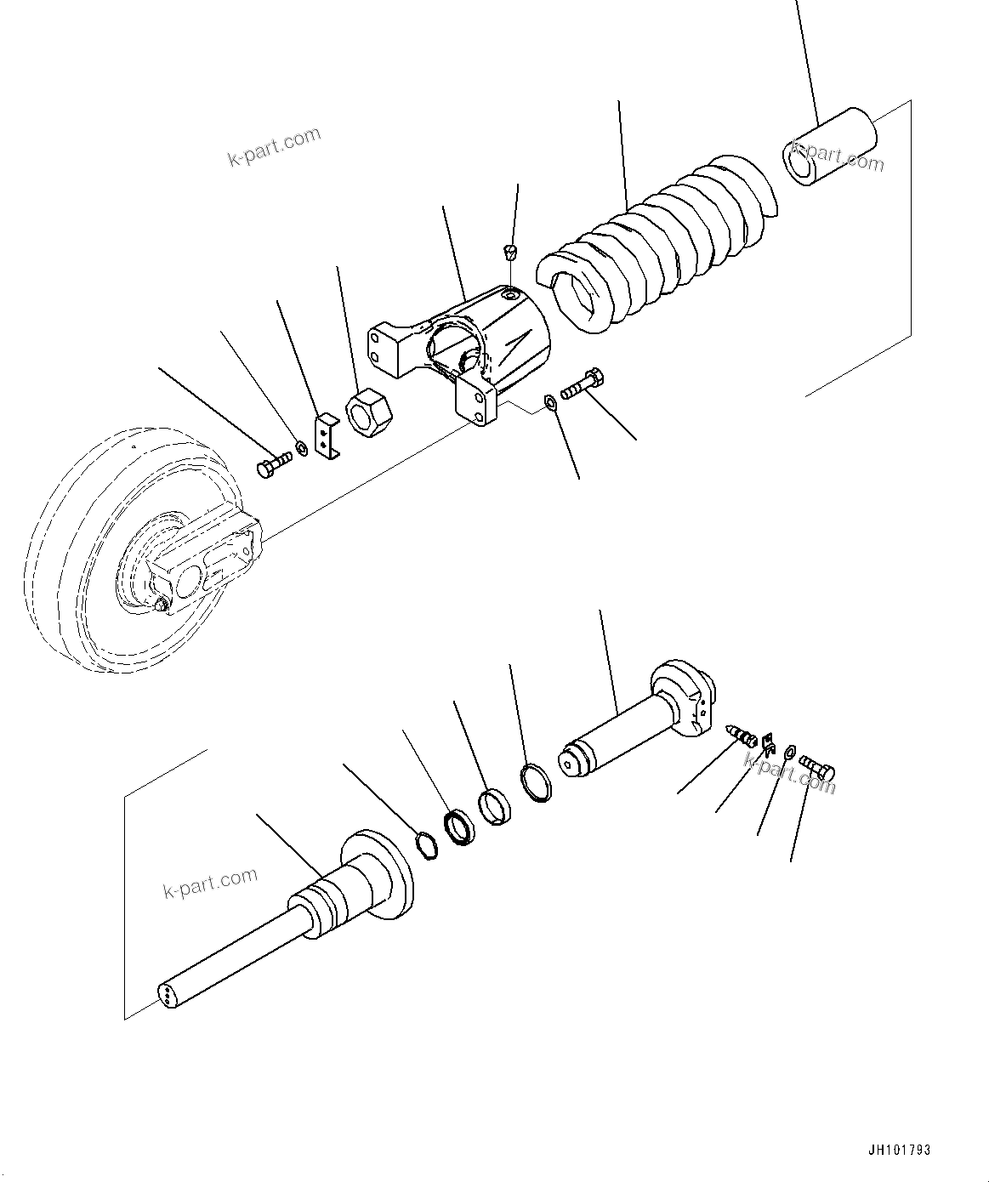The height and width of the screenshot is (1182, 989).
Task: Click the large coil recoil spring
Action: point(655,242)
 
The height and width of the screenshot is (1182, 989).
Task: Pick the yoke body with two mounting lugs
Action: point(459,344)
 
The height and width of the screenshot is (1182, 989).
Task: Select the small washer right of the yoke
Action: point(551,401)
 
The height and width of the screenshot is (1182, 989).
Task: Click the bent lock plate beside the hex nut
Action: point(326,436)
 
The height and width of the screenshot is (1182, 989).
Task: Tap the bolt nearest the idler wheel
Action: point(272,464)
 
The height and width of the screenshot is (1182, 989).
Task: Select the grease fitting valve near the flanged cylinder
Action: point(743,735)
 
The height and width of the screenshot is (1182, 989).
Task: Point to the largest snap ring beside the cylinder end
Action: point(536,782)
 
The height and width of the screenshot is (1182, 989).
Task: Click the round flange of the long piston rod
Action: point(378,876)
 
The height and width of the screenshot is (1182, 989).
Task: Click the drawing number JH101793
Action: point(900,1150)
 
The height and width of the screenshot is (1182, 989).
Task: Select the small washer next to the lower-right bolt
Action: point(789,752)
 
